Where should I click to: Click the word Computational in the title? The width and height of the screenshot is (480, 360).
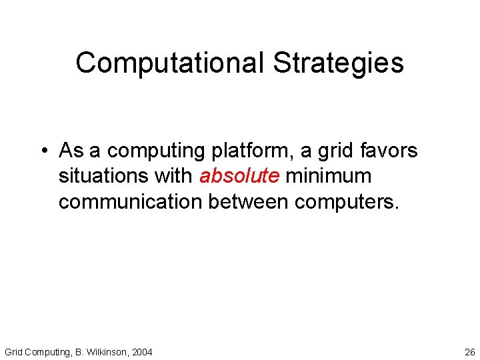pos(170,63)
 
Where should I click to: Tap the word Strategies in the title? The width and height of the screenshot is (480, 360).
pos(338,63)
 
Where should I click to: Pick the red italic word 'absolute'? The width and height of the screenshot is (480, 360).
pos(239,176)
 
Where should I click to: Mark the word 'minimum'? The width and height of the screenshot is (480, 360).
pos(328,176)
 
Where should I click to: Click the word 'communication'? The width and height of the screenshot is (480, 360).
pos(130,202)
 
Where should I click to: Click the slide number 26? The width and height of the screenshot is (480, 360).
pos(469,352)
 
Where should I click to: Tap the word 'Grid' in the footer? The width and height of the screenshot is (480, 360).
pos(14,352)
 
